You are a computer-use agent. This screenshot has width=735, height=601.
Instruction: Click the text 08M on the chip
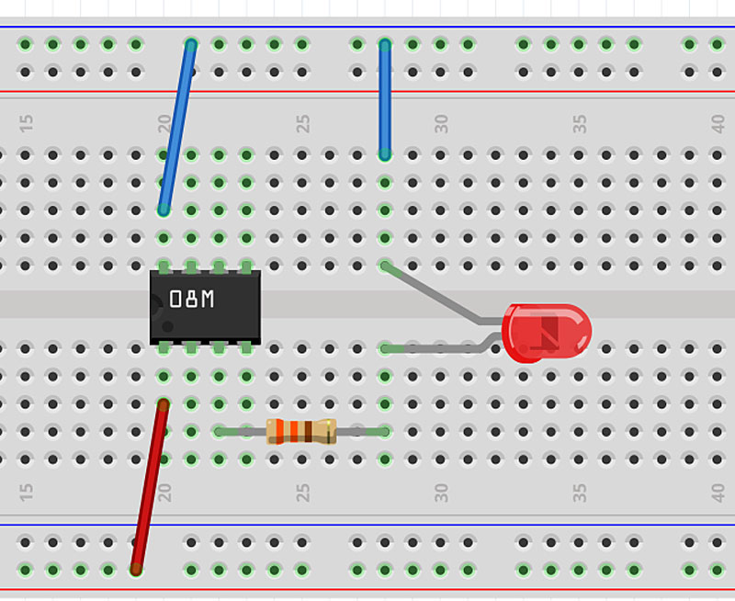pos(192,300)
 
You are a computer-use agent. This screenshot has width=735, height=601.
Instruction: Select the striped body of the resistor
pos(301,431)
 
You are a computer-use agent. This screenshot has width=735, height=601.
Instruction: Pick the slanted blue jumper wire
pos(177,127)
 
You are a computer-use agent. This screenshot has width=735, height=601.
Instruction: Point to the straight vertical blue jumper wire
pos(385,99)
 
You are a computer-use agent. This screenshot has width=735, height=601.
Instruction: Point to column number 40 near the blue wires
pos(718,122)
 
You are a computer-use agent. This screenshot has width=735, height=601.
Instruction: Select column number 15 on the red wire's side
pos(27,493)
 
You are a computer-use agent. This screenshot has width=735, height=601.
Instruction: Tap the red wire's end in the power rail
pos(136,570)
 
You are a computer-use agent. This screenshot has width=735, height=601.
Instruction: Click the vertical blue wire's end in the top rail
pos(385,44)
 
